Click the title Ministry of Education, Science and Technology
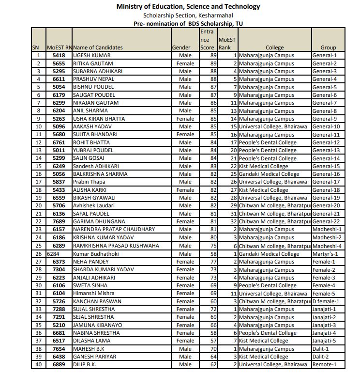[x=188, y=6]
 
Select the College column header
[x=274, y=47]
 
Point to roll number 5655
[x=59, y=63]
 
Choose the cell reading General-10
[x=326, y=126]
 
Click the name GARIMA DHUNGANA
[x=99, y=221]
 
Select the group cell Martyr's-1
[x=325, y=253]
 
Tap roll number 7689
[x=59, y=221]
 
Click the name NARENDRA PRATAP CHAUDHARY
[x=114, y=229]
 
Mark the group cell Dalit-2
[x=321, y=356]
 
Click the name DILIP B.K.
[x=84, y=364]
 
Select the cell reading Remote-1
[x=324, y=364]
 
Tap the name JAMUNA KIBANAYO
[x=97, y=325]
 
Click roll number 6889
[x=59, y=364]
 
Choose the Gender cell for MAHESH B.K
[x=185, y=348]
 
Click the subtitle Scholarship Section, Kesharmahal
[x=188, y=15]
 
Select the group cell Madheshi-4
[x=327, y=246]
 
